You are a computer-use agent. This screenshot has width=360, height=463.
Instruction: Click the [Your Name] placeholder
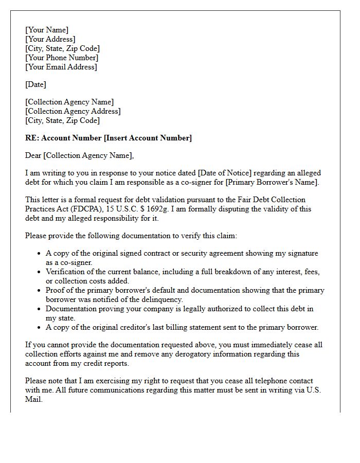47,30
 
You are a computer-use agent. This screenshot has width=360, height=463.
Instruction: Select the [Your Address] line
50,39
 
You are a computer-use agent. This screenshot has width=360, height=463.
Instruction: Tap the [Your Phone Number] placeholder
62,58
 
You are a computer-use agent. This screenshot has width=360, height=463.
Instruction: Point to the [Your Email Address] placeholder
61,67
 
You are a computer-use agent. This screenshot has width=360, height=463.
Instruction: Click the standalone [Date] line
35,84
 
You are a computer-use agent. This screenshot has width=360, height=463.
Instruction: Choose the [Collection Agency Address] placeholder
73,111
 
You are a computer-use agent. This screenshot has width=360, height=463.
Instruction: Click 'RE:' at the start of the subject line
32,138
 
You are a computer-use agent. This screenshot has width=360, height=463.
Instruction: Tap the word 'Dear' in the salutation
33,155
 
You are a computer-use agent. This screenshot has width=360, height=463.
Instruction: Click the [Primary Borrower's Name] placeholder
272,182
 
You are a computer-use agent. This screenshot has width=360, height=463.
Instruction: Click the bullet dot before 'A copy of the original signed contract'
39,254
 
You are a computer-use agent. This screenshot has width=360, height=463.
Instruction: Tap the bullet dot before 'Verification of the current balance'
39,272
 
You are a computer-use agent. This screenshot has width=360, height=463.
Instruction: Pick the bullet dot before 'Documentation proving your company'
39,309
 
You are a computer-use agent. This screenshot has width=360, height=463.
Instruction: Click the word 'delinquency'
160,299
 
